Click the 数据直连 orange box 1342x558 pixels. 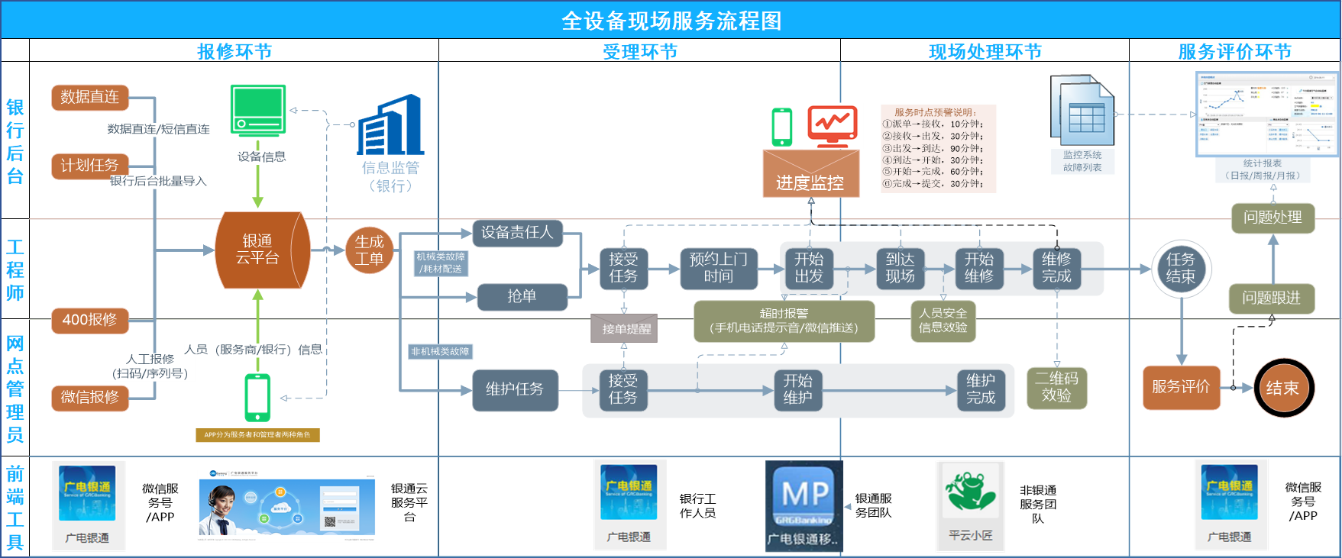pyautogui.click(x=89, y=97)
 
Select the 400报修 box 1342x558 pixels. pyautogui.click(x=89, y=320)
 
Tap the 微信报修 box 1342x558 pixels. pyautogui.click(x=89, y=397)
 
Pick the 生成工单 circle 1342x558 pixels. pyautogui.click(x=369, y=250)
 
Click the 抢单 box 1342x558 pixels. pyautogui.click(x=522, y=296)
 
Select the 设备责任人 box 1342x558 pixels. pyautogui.click(x=517, y=232)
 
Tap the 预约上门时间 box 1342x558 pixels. pyautogui.click(x=718, y=268)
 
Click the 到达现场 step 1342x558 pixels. pyautogui.click(x=901, y=268)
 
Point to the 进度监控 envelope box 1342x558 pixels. pyautogui.click(x=810, y=174)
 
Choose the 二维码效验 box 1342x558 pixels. pyautogui.click(x=1056, y=387)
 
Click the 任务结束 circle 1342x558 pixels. pyautogui.click(x=1181, y=268)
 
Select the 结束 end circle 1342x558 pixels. pyautogui.click(x=1282, y=388)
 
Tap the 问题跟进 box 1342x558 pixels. pyautogui.click(x=1272, y=298)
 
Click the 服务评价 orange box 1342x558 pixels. pyautogui.click(x=1181, y=387)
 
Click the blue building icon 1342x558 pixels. pyautogui.click(x=390, y=125)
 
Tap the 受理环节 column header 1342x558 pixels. pyautogui.click(x=639, y=51)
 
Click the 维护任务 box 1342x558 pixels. pyautogui.click(x=515, y=389)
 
